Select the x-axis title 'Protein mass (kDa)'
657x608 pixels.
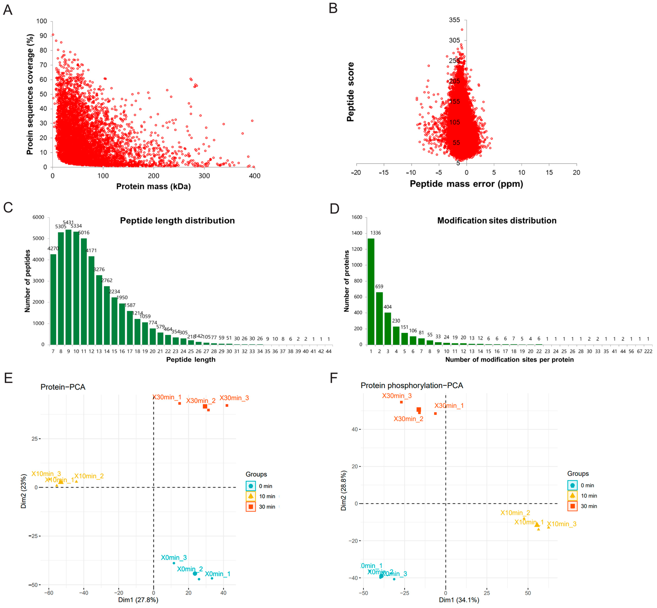click(x=153, y=187)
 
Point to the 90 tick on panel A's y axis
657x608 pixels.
click(x=43, y=36)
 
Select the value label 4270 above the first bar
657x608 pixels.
click(x=53, y=248)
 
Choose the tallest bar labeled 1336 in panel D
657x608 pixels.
click(x=371, y=291)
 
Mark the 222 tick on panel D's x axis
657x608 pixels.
click(x=648, y=351)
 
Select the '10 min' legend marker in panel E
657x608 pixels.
click(x=251, y=496)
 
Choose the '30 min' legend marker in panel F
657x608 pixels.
click(x=572, y=506)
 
